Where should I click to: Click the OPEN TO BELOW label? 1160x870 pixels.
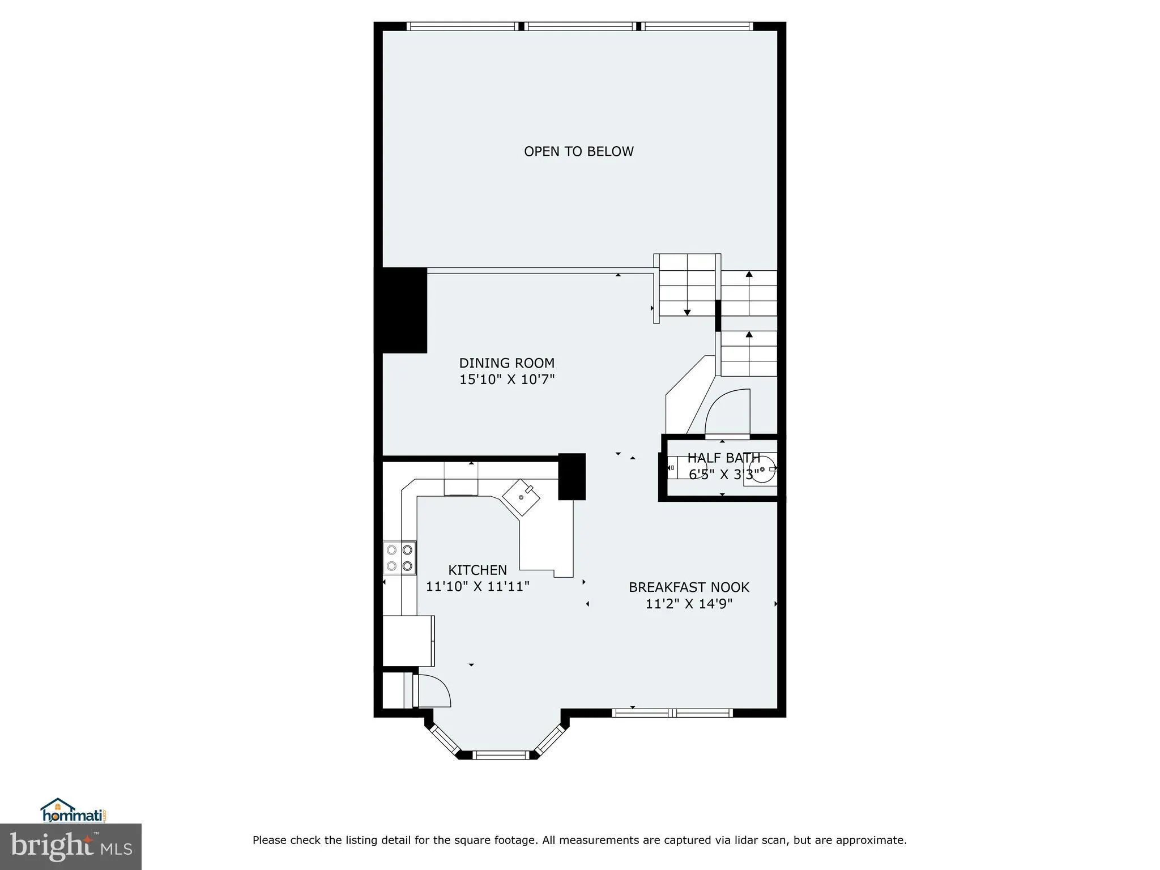[x=578, y=151]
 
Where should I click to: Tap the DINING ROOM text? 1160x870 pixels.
[x=506, y=363]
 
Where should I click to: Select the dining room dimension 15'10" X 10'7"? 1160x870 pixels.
[x=506, y=379]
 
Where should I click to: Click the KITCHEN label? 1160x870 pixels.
[x=477, y=570]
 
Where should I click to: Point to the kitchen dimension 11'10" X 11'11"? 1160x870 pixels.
[x=477, y=586]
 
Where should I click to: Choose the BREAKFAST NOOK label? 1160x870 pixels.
[x=689, y=587]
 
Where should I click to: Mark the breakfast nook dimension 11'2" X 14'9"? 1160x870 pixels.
[x=689, y=604]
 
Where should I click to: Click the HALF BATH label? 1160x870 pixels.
[x=723, y=458]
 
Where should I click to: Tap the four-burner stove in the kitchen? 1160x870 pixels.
[x=399, y=558]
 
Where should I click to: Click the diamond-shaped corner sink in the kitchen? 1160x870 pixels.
[x=521, y=497]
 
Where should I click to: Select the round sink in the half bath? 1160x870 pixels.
[x=762, y=470]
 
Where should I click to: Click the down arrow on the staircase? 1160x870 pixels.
[x=687, y=312]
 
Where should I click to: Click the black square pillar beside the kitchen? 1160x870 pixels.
[x=572, y=476]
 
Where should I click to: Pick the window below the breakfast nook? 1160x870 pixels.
[x=672, y=713]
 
